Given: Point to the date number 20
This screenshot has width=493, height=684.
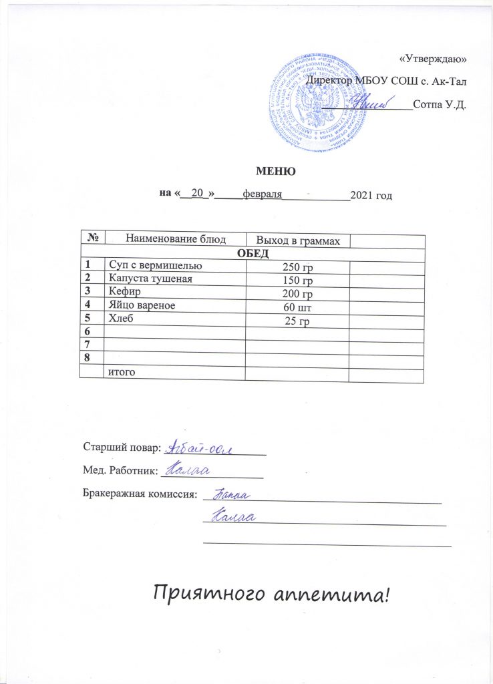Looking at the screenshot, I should coord(196,193).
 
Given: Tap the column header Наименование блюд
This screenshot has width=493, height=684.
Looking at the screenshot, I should coord(176,238).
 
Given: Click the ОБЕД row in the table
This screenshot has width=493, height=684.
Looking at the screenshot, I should coord(253,252).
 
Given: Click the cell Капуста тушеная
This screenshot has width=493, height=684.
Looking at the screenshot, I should coord(150,279).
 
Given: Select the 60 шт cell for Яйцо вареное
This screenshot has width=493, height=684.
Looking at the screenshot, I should coord(298,308).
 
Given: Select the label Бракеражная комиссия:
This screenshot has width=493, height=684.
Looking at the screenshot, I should coord(140,495).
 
